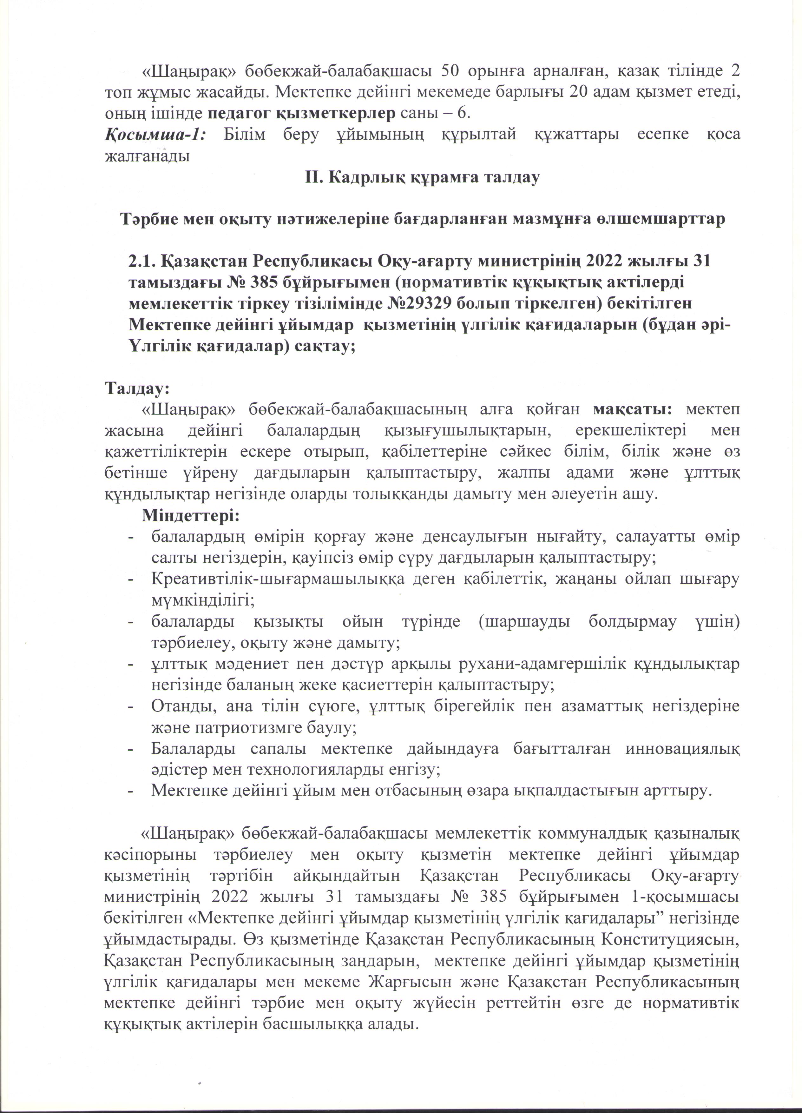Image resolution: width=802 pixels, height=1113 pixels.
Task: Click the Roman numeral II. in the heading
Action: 314,177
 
